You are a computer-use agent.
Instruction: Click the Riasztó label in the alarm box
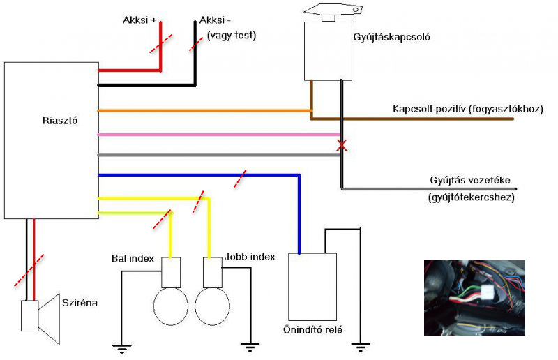pyautogui.click(x=60, y=121)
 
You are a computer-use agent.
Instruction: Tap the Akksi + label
pyautogui.click(x=139, y=20)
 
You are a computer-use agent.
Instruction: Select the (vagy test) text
pyautogui.click(x=232, y=36)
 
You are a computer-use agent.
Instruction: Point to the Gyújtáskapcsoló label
pyautogui.click(x=391, y=37)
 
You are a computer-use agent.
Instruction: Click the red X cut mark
pyautogui.click(x=342, y=145)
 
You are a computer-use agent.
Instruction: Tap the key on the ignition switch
pyautogui.click(x=334, y=9)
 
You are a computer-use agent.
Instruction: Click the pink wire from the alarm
pyautogui.click(x=219, y=135)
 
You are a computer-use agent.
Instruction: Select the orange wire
pyautogui.click(x=204, y=111)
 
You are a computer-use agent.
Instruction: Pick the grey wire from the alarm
pyautogui.click(x=219, y=155)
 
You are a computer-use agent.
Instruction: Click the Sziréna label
pyautogui.click(x=80, y=303)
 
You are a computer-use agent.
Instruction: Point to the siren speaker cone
pyautogui.click(x=49, y=319)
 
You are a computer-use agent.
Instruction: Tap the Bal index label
pyautogui.click(x=133, y=258)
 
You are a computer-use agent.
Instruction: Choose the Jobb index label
pyautogui.click(x=250, y=257)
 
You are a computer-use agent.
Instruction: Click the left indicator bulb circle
pyautogui.click(x=170, y=306)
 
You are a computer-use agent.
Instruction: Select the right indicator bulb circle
pyautogui.click(x=213, y=306)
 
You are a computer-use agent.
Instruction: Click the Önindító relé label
pyautogui.click(x=312, y=330)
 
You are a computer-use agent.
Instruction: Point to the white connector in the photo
pyautogui.click(x=487, y=293)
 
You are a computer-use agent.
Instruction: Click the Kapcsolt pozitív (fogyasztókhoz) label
pyautogui.click(x=468, y=109)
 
